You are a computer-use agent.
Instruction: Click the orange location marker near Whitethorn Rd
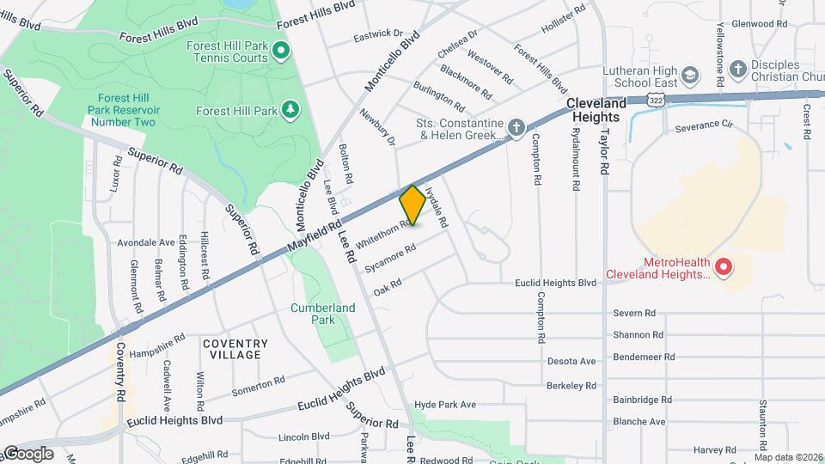[x=412, y=205]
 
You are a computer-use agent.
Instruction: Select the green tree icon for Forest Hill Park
[x=291, y=110]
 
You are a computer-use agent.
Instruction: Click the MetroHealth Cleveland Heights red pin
[x=723, y=267]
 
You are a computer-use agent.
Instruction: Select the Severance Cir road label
[x=702, y=125]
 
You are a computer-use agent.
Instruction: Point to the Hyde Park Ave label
[x=444, y=405]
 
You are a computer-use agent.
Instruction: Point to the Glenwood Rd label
[x=762, y=25]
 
